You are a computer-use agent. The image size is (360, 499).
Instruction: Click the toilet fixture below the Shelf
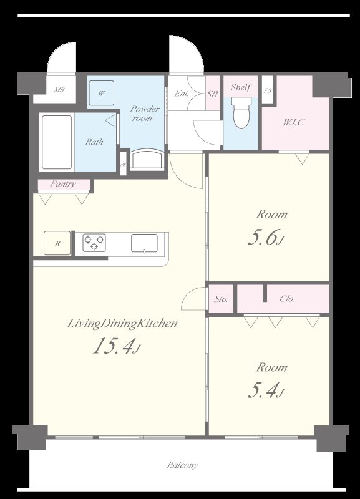(x=241, y=113)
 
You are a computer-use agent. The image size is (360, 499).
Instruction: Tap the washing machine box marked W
(x=101, y=93)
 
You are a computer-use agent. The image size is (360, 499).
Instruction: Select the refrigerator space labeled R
(x=57, y=243)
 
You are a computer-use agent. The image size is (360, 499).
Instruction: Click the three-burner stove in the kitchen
(x=94, y=243)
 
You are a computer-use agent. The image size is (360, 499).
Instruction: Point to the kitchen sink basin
(x=144, y=243)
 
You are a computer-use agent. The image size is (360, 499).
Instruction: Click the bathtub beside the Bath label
(x=57, y=142)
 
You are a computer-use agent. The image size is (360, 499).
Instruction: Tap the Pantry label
(x=63, y=184)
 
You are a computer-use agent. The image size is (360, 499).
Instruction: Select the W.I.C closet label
(x=294, y=122)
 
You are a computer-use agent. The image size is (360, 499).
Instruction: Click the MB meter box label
(x=59, y=90)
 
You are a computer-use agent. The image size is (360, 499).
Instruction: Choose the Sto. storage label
(x=221, y=299)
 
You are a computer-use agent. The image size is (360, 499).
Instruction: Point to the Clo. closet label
(x=287, y=299)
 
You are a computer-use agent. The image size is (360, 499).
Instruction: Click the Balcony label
(x=182, y=465)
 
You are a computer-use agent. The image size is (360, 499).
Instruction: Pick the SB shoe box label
(x=212, y=94)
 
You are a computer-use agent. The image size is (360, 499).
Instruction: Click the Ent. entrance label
(x=182, y=93)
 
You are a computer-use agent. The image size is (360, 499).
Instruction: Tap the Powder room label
(x=145, y=114)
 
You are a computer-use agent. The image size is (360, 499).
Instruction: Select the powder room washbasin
(x=147, y=160)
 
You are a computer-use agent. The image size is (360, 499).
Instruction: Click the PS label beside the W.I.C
(x=268, y=90)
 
